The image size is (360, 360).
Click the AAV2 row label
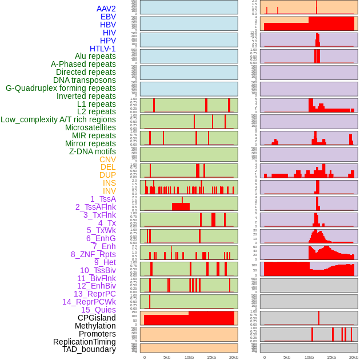pos(106,9)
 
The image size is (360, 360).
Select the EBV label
pos(108,17)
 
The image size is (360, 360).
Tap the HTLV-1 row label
pos(102,49)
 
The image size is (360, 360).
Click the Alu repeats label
pos(95,57)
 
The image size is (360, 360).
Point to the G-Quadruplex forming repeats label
pos(61,88)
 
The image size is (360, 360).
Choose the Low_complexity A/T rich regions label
pos(58,119)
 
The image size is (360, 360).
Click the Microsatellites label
pos(90,127)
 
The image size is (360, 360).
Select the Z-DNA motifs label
pos(92,151)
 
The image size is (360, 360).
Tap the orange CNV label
pos(107,159)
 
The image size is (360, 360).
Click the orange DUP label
pos(107,175)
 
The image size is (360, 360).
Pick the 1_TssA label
pos(103,199)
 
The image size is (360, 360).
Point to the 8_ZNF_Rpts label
pos(93,254)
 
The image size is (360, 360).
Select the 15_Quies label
pos(98,310)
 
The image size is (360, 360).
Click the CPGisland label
pos(97,318)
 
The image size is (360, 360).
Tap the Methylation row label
pos(91,326)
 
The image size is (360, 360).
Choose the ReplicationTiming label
pos(84,342)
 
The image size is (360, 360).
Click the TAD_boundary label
pos(89,349)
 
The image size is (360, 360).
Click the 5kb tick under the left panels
pos(167,357)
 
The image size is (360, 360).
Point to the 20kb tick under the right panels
pos(354,357)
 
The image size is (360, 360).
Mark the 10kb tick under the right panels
pos(309,357)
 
